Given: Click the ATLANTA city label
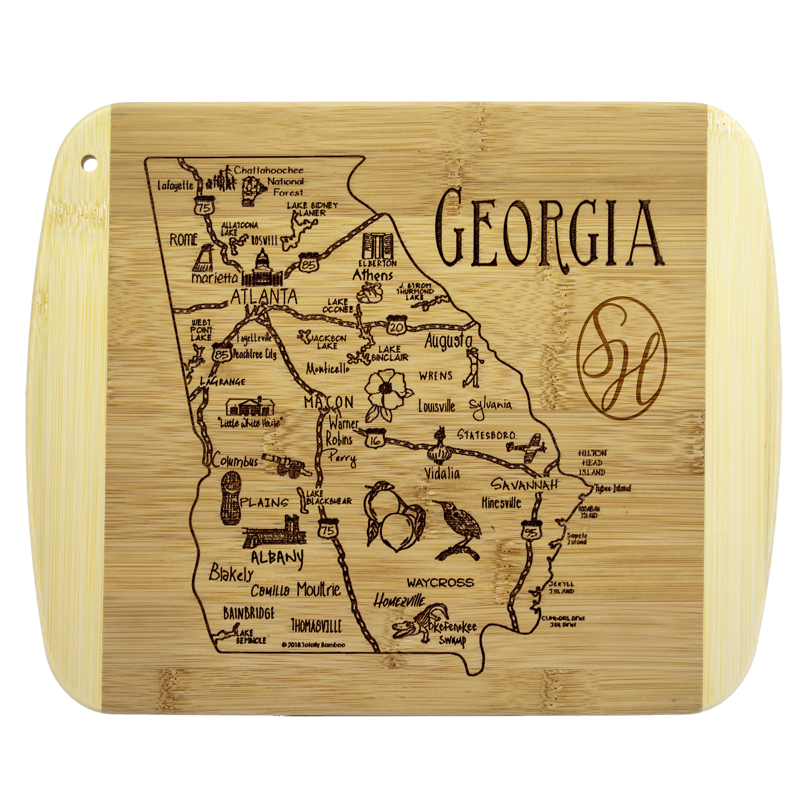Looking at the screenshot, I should tap(264, 297).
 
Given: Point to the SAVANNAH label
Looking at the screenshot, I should tap(524, 485).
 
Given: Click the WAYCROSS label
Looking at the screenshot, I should tap(440, 582).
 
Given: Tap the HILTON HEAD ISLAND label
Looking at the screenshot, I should tap(592, 463).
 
